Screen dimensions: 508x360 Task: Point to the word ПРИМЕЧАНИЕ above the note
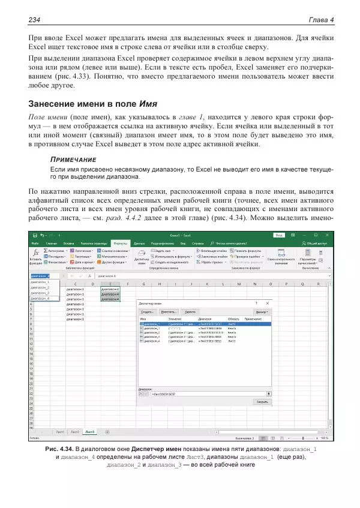[73, 160]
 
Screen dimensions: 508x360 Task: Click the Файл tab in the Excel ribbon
[35, 243]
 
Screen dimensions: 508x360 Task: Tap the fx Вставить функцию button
[35, 255]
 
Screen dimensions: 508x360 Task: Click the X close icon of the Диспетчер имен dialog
[266, 303]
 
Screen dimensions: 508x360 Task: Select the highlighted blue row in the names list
[204, 323]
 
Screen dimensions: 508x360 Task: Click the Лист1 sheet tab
[59, 431]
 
